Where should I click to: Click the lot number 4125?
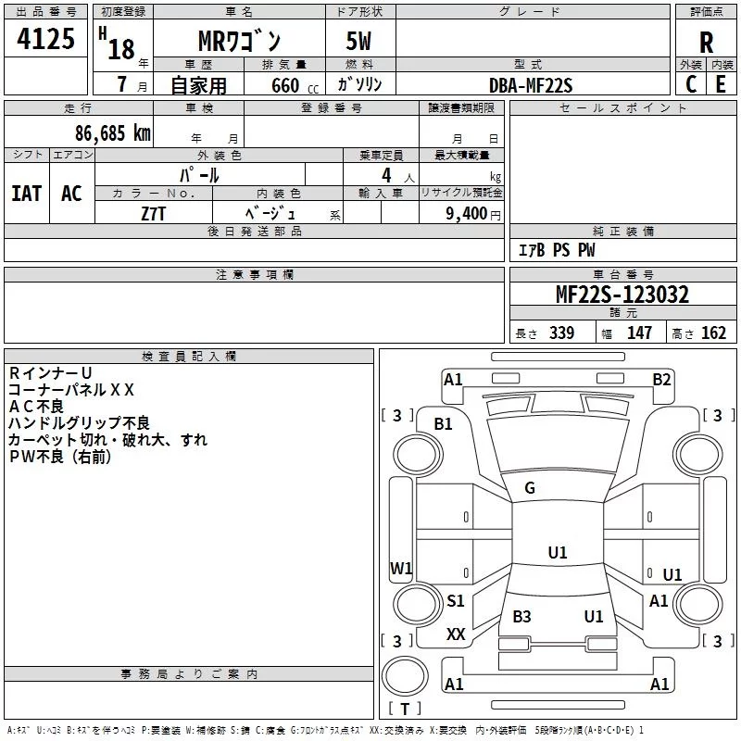click(46, 41)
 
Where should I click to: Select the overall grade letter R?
click(706, 43)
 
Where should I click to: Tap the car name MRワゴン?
click(240, 41)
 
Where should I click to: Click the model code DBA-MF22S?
click(530, 85)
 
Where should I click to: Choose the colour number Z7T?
click(155, 212)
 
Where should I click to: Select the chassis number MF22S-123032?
click(622, 295)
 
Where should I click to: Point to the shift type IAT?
click(26, 193)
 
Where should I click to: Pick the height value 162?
click(713, 333)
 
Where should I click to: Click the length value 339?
click(560, 333)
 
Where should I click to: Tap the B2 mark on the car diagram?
click(661, 379)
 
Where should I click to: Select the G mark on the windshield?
click(530, 488)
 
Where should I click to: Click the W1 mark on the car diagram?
click(401, 568)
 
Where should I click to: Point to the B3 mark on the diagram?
click(521, 617)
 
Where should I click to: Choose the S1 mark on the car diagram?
click(456, 601)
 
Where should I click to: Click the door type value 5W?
click(361, 42)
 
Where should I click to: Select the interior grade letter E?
click(721, 84)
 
